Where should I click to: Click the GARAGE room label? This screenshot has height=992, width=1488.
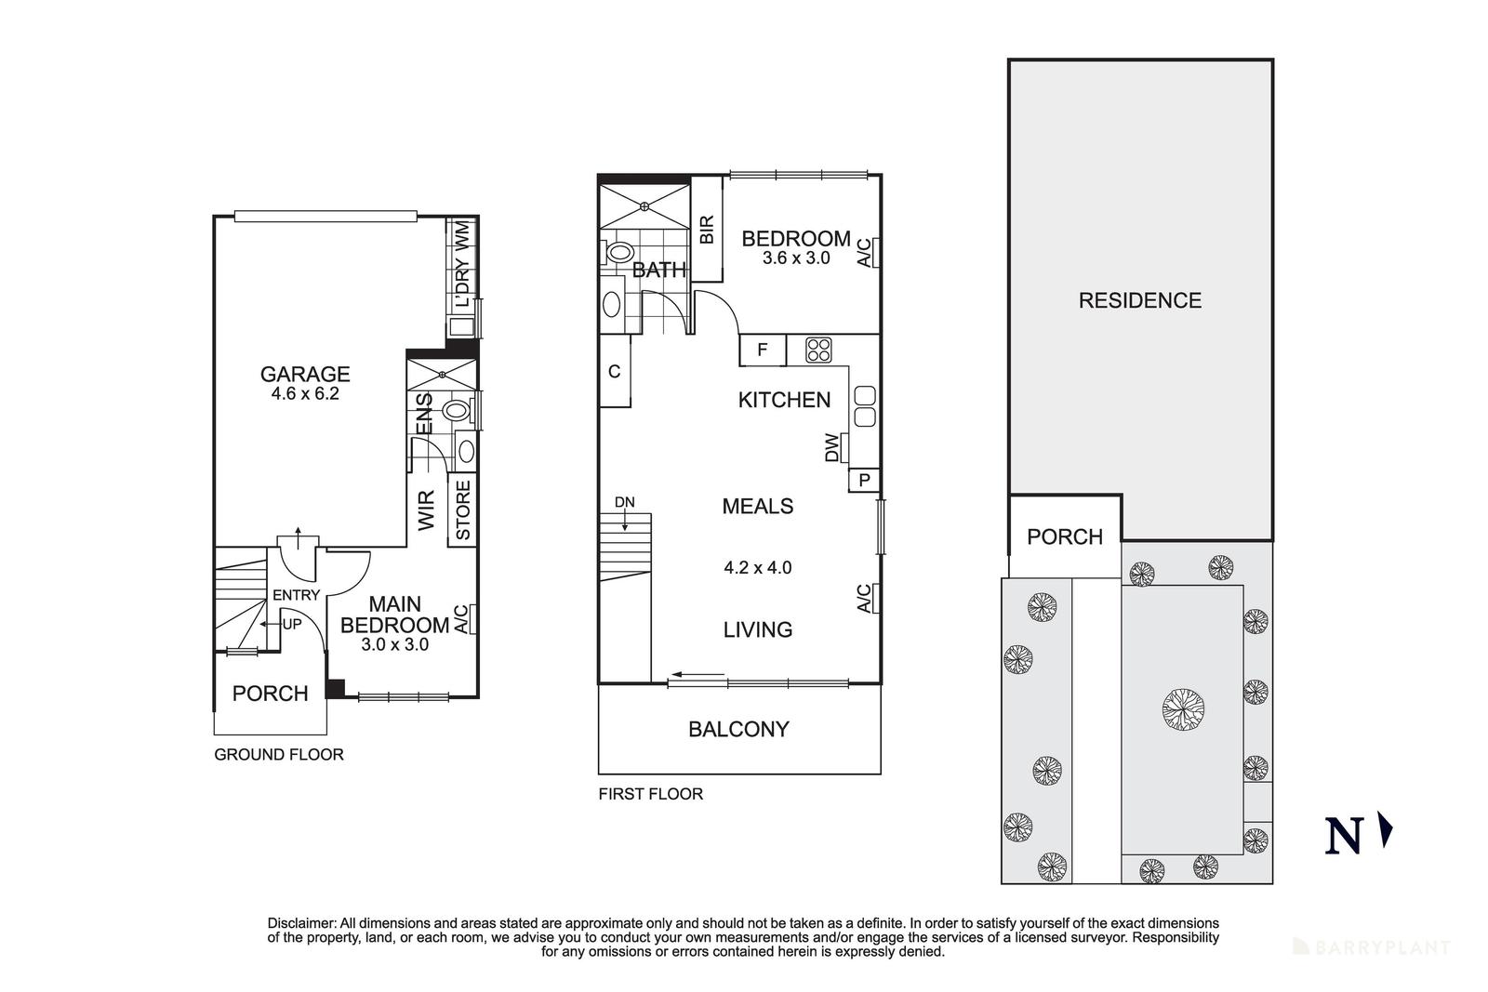point(305,375)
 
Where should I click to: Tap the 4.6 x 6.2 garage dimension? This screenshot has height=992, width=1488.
point(305,394)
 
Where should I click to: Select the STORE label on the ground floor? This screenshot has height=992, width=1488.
point(463,509)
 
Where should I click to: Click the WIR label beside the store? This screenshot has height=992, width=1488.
point(426,509)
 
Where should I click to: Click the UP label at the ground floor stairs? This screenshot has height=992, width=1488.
point(292,624)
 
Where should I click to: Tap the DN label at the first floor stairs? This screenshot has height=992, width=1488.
point(624,503)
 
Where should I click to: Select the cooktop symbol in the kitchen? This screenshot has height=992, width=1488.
point(818,350)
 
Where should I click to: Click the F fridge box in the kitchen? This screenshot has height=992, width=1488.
point(763,350)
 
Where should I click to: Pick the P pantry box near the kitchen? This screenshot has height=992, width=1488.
point(864,480)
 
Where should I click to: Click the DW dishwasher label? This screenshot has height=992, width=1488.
point(831,447)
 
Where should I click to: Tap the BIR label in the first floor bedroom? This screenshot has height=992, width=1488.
point(707,229)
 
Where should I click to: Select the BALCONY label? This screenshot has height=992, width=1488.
point(738,730)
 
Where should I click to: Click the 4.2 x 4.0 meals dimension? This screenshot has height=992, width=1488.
point(757,568)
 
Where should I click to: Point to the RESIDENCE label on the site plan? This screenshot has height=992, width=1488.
point(1140,301)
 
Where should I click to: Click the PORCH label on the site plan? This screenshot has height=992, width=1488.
point(1065,536)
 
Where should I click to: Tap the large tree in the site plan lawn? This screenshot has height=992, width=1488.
point(1183,709)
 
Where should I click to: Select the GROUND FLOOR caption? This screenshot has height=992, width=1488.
point(279,754)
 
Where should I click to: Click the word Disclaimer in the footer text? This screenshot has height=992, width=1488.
point(301,923)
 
